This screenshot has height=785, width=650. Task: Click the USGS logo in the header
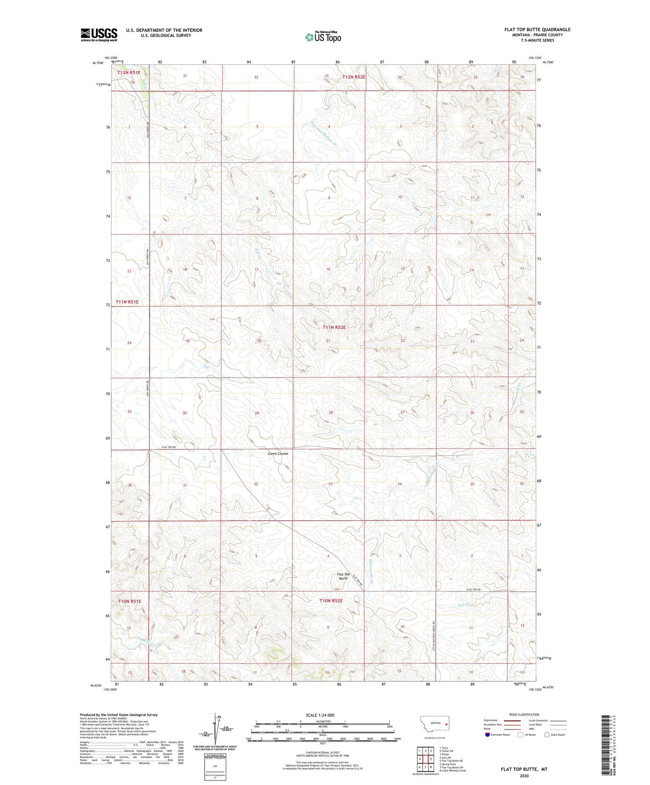99,35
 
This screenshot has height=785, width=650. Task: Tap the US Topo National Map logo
323,37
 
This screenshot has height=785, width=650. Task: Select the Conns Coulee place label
278,454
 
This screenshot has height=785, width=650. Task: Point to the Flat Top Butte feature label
343,576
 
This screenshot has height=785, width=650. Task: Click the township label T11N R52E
334,327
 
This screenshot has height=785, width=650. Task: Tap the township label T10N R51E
130,601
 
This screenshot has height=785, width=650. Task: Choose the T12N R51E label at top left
129,72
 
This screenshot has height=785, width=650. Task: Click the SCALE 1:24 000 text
320,715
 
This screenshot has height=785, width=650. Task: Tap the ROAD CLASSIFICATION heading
524,714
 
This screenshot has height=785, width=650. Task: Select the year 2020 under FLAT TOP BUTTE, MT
524,776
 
